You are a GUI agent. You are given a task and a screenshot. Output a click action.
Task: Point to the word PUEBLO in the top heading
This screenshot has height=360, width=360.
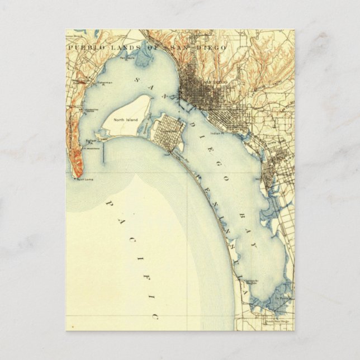(84, 49)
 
